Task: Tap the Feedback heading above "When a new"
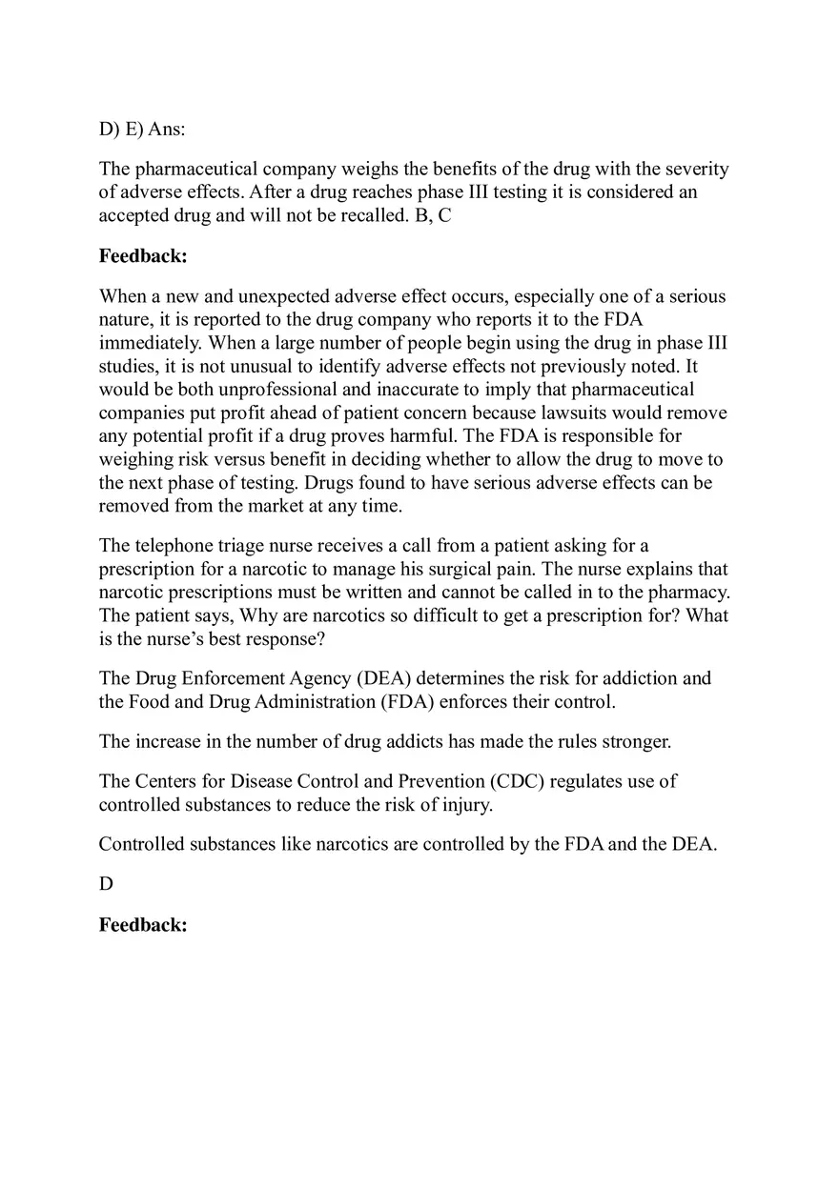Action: [x=143, y=256]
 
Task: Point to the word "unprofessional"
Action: [x=259, y=389]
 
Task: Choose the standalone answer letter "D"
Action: [x=106, y=884]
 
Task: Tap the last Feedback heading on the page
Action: [x=143, y=925]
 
